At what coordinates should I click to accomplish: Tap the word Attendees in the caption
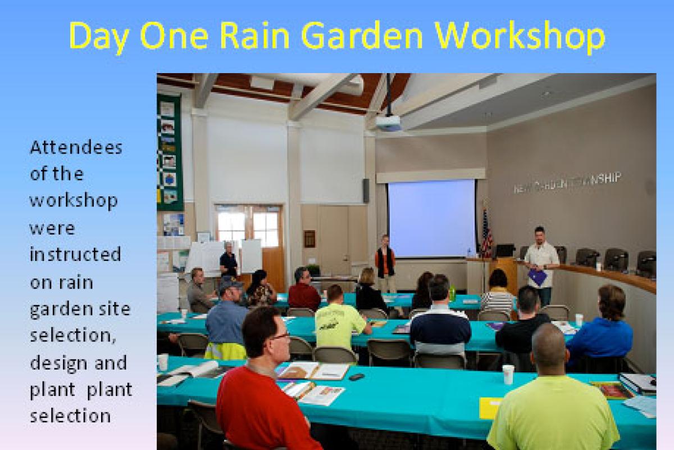tap(75, 148)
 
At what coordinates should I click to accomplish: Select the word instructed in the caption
tap(75, 254)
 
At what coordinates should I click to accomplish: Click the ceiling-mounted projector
tap(388, 123)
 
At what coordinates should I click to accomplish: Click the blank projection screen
tap(431, 218)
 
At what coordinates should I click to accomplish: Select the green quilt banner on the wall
tap(170, 152)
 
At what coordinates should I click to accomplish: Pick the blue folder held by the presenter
tap(538, 277)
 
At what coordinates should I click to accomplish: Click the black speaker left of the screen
tap(366, 190)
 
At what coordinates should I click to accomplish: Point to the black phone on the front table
tap(356, 376)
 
